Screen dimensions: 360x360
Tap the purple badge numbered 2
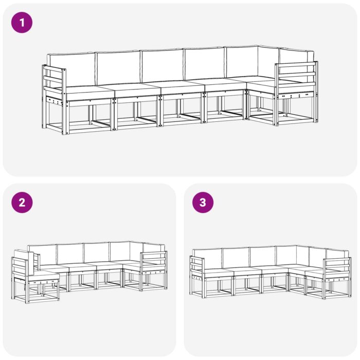22,202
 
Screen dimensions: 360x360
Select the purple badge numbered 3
203,202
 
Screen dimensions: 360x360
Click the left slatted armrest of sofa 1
54,80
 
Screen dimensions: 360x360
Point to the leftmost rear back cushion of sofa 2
42,254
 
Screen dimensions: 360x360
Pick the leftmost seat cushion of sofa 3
216,273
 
